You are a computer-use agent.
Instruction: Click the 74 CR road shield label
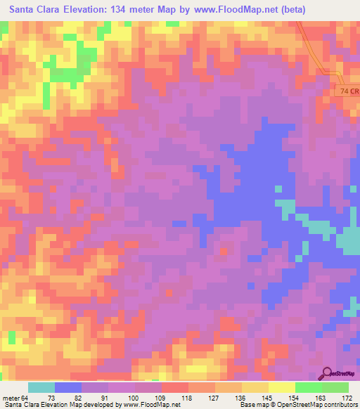tap(347, 91)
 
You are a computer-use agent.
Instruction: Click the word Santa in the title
tap(26, 10)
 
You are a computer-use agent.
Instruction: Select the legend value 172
tap(345, 398)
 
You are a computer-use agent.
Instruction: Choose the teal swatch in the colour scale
tap(41, 387)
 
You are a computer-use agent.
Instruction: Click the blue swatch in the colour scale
tap(68, 387)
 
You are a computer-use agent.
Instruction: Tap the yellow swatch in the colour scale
tap(281, 387)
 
